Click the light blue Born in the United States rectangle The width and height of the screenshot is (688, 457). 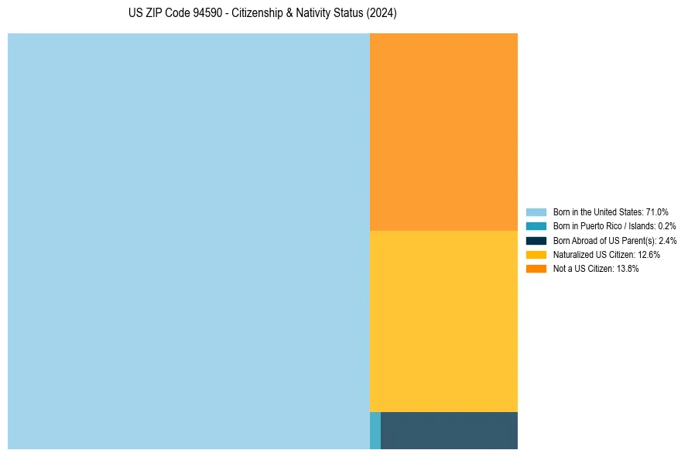tap(189, 241)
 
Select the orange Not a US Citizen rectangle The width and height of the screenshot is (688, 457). tap(443, 132)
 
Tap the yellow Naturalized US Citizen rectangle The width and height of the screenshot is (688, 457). tap(443, 321)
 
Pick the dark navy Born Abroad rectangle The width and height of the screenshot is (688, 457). tap(449, 431)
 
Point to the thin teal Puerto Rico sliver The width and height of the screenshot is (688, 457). tap(375, 431)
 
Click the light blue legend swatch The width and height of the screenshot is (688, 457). tap(536, 212)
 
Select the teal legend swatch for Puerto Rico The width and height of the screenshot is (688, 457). tap(536, 226)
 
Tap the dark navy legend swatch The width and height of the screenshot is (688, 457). tap(536, 241)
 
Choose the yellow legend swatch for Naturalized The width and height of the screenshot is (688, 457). tap(536, 255)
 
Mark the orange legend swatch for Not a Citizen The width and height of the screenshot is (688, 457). tap(536, 269)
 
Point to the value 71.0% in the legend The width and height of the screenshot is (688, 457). tap(657, 212)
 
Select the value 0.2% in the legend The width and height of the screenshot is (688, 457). tap(666, 226)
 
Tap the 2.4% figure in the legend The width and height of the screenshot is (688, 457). tap(667, 241)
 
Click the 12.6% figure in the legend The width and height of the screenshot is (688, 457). tap(649, 255)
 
